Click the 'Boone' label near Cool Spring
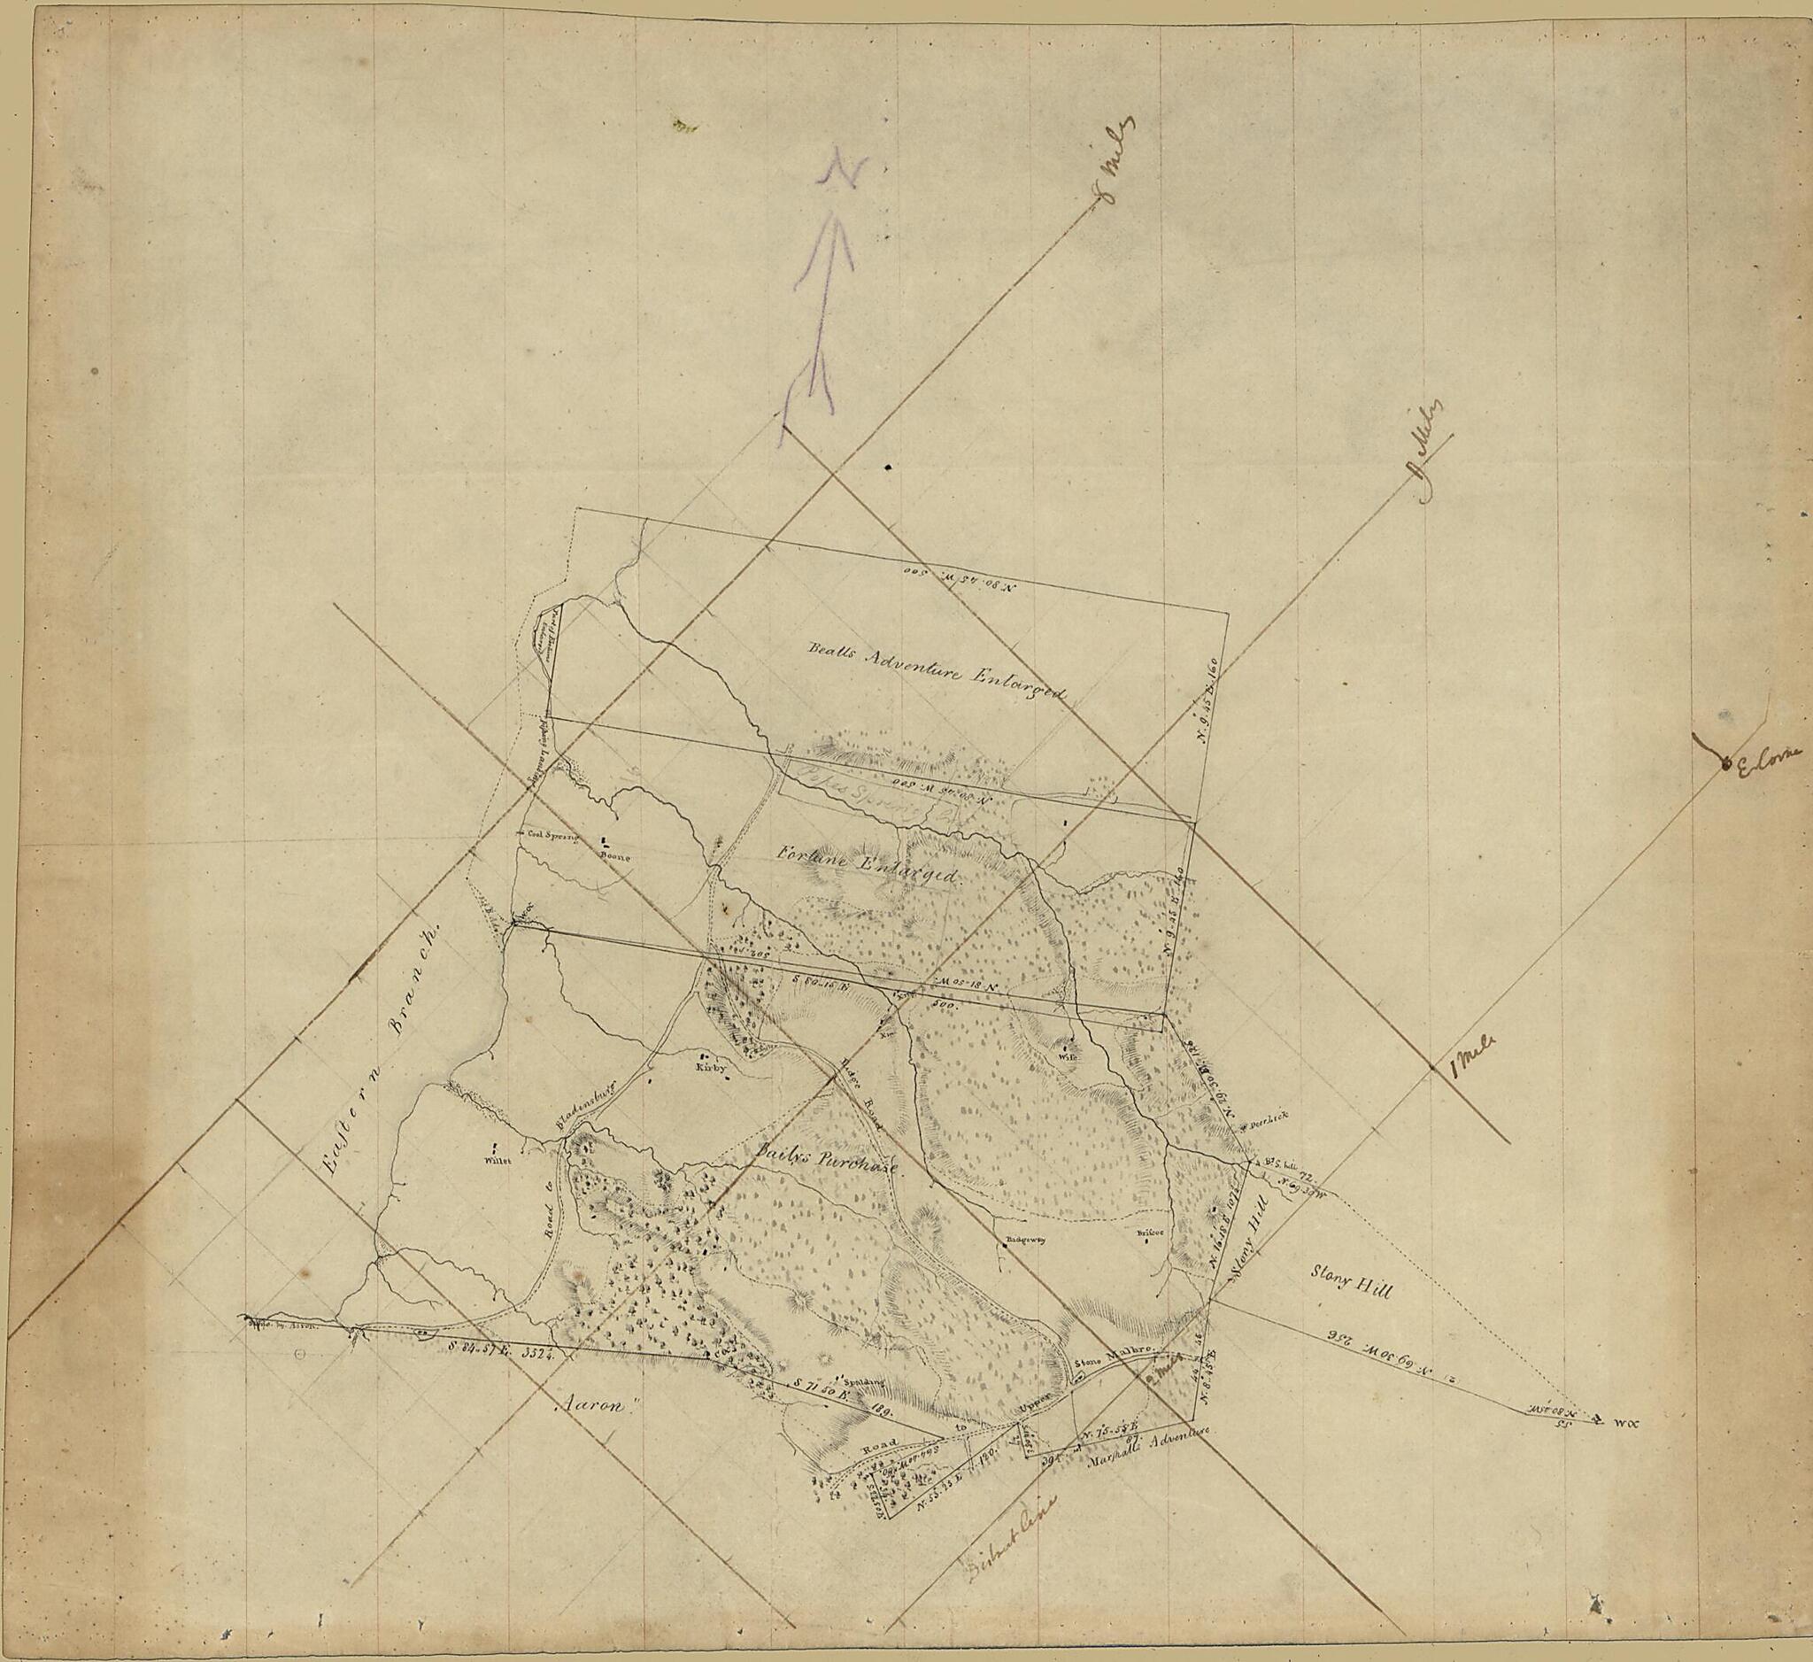[616, 856]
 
